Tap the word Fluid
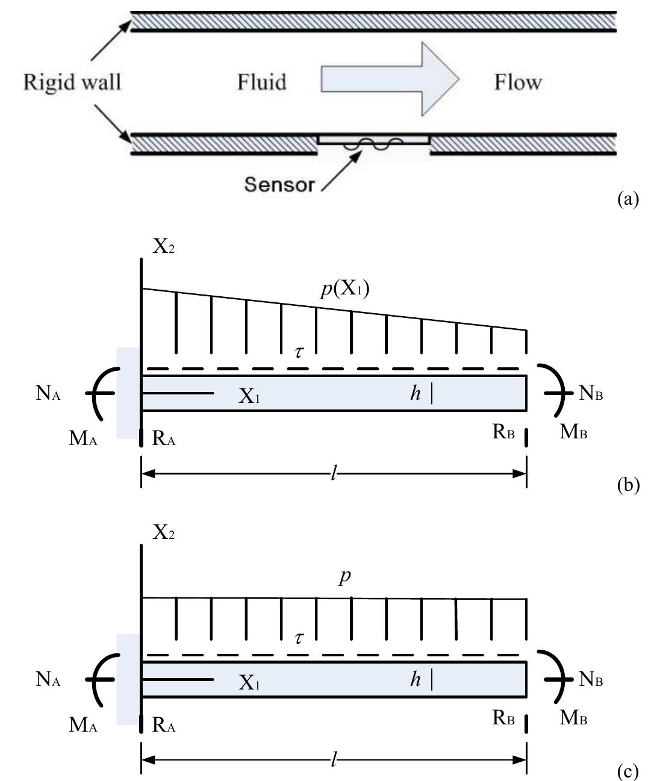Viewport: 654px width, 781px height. pyautogui.click(x=261, y=81)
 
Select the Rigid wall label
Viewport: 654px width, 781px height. pyautogui.click(x=72, y=81)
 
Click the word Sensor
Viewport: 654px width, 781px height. pyautogui.click(x=279, y=185)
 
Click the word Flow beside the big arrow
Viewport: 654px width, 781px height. pyautogui.click(x=518, y=81)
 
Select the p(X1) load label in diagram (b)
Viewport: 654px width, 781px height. pyautogui.click(x=344, y=290)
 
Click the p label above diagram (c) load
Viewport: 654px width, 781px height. pyautogui.click(x=344, y=577)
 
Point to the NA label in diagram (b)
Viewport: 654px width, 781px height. pyautogui.click(x=48, y=394)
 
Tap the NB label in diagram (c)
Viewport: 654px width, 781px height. pyautogui.click(x=591, y=680)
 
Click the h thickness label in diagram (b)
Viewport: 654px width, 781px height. pyautogui.click(x=416, y=394)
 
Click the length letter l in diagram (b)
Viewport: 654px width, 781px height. pyautogui.click(x=334, y=474)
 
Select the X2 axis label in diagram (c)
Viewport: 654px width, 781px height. pyautogui.click(x=163, y=534)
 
